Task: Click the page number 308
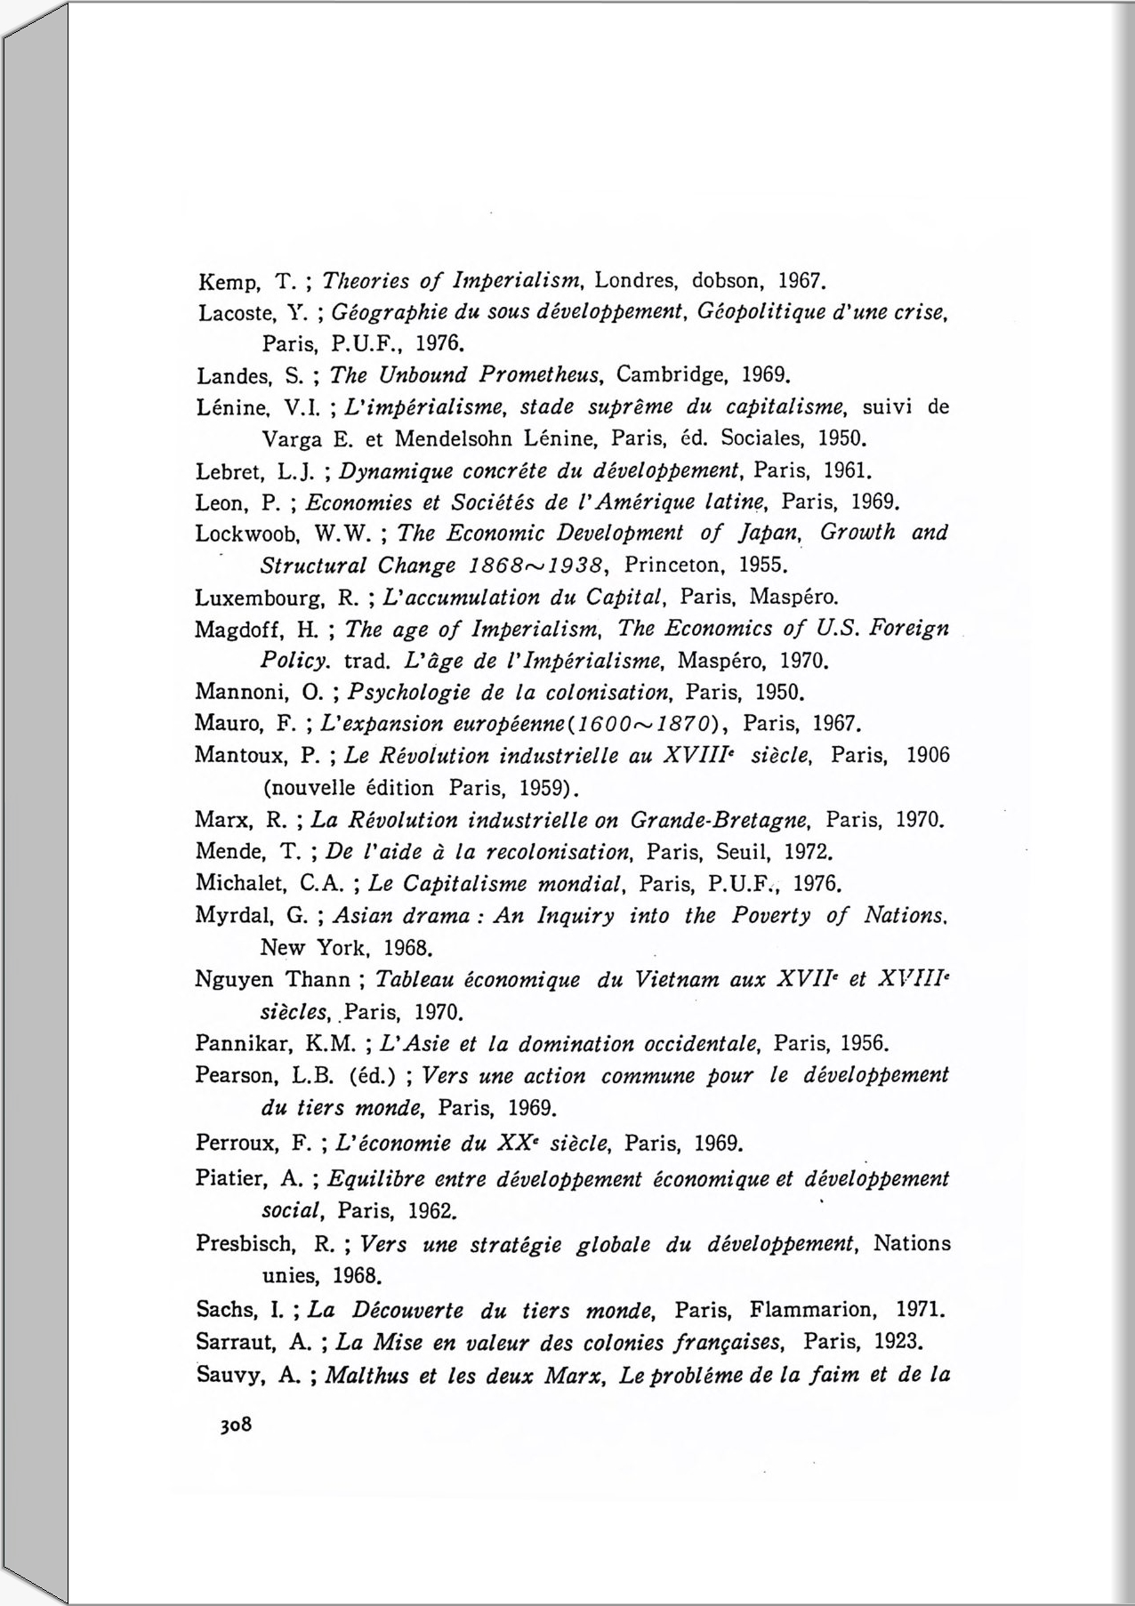[x=237, y=1425]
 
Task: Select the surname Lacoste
[x=229, y=314]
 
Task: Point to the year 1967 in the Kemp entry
[x=802, y=283]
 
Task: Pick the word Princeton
[x=668, y=566]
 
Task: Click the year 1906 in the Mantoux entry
[x=928, y=756]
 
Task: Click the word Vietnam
[x=677, y=980]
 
